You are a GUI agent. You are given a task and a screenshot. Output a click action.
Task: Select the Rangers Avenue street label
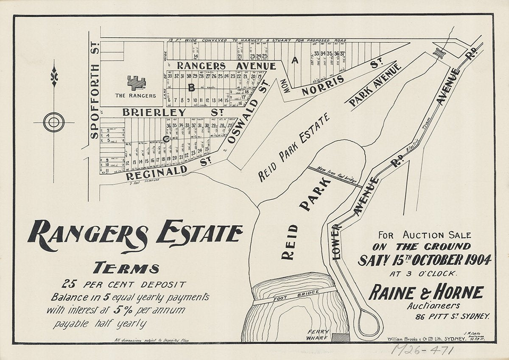[226, 66]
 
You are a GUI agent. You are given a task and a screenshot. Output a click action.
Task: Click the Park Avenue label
[375, 84]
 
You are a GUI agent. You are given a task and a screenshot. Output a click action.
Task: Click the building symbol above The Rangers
[136, 82]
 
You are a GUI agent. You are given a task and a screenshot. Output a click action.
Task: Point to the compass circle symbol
[54, 123]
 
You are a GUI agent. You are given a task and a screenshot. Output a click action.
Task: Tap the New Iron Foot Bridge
[335, 176]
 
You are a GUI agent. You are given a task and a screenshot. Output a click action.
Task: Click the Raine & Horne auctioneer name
[425, 293]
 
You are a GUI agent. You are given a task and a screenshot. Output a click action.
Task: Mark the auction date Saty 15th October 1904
[424, 260]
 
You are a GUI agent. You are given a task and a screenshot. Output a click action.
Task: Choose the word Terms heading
[126, 268]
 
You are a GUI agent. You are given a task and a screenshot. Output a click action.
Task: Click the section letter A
[294, 61]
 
